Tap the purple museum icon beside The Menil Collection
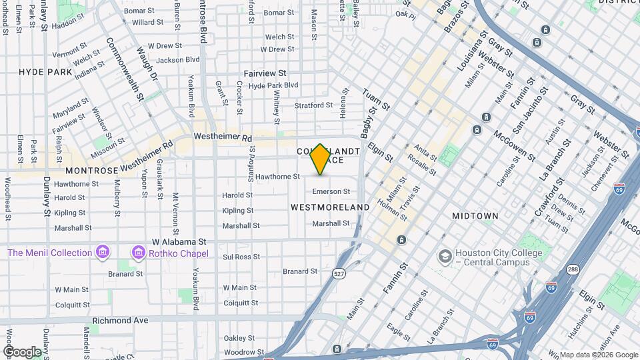click(102, 253)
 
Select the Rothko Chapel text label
click(178, 253)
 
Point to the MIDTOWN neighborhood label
click(475, 216)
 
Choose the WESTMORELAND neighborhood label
click(330, 207)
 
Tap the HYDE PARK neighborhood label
click(45, 71)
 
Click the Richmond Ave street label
click(121, 320)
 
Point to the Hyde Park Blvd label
click(273, 85)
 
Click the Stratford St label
click(313, 105)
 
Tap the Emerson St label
click(331, 192)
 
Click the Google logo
click(21, 351)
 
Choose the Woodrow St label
click(240, 352)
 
